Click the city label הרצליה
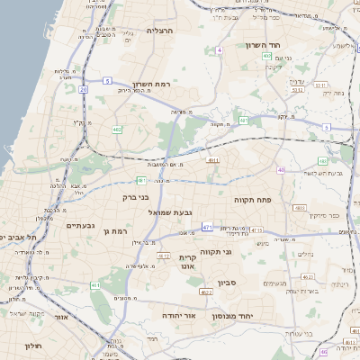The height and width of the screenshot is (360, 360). [159, 31]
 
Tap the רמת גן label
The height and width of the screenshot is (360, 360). [118, 231]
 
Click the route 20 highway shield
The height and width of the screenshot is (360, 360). [83, 89]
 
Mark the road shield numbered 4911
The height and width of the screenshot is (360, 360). [212, 161]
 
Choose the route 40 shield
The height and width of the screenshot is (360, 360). [281, 169]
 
